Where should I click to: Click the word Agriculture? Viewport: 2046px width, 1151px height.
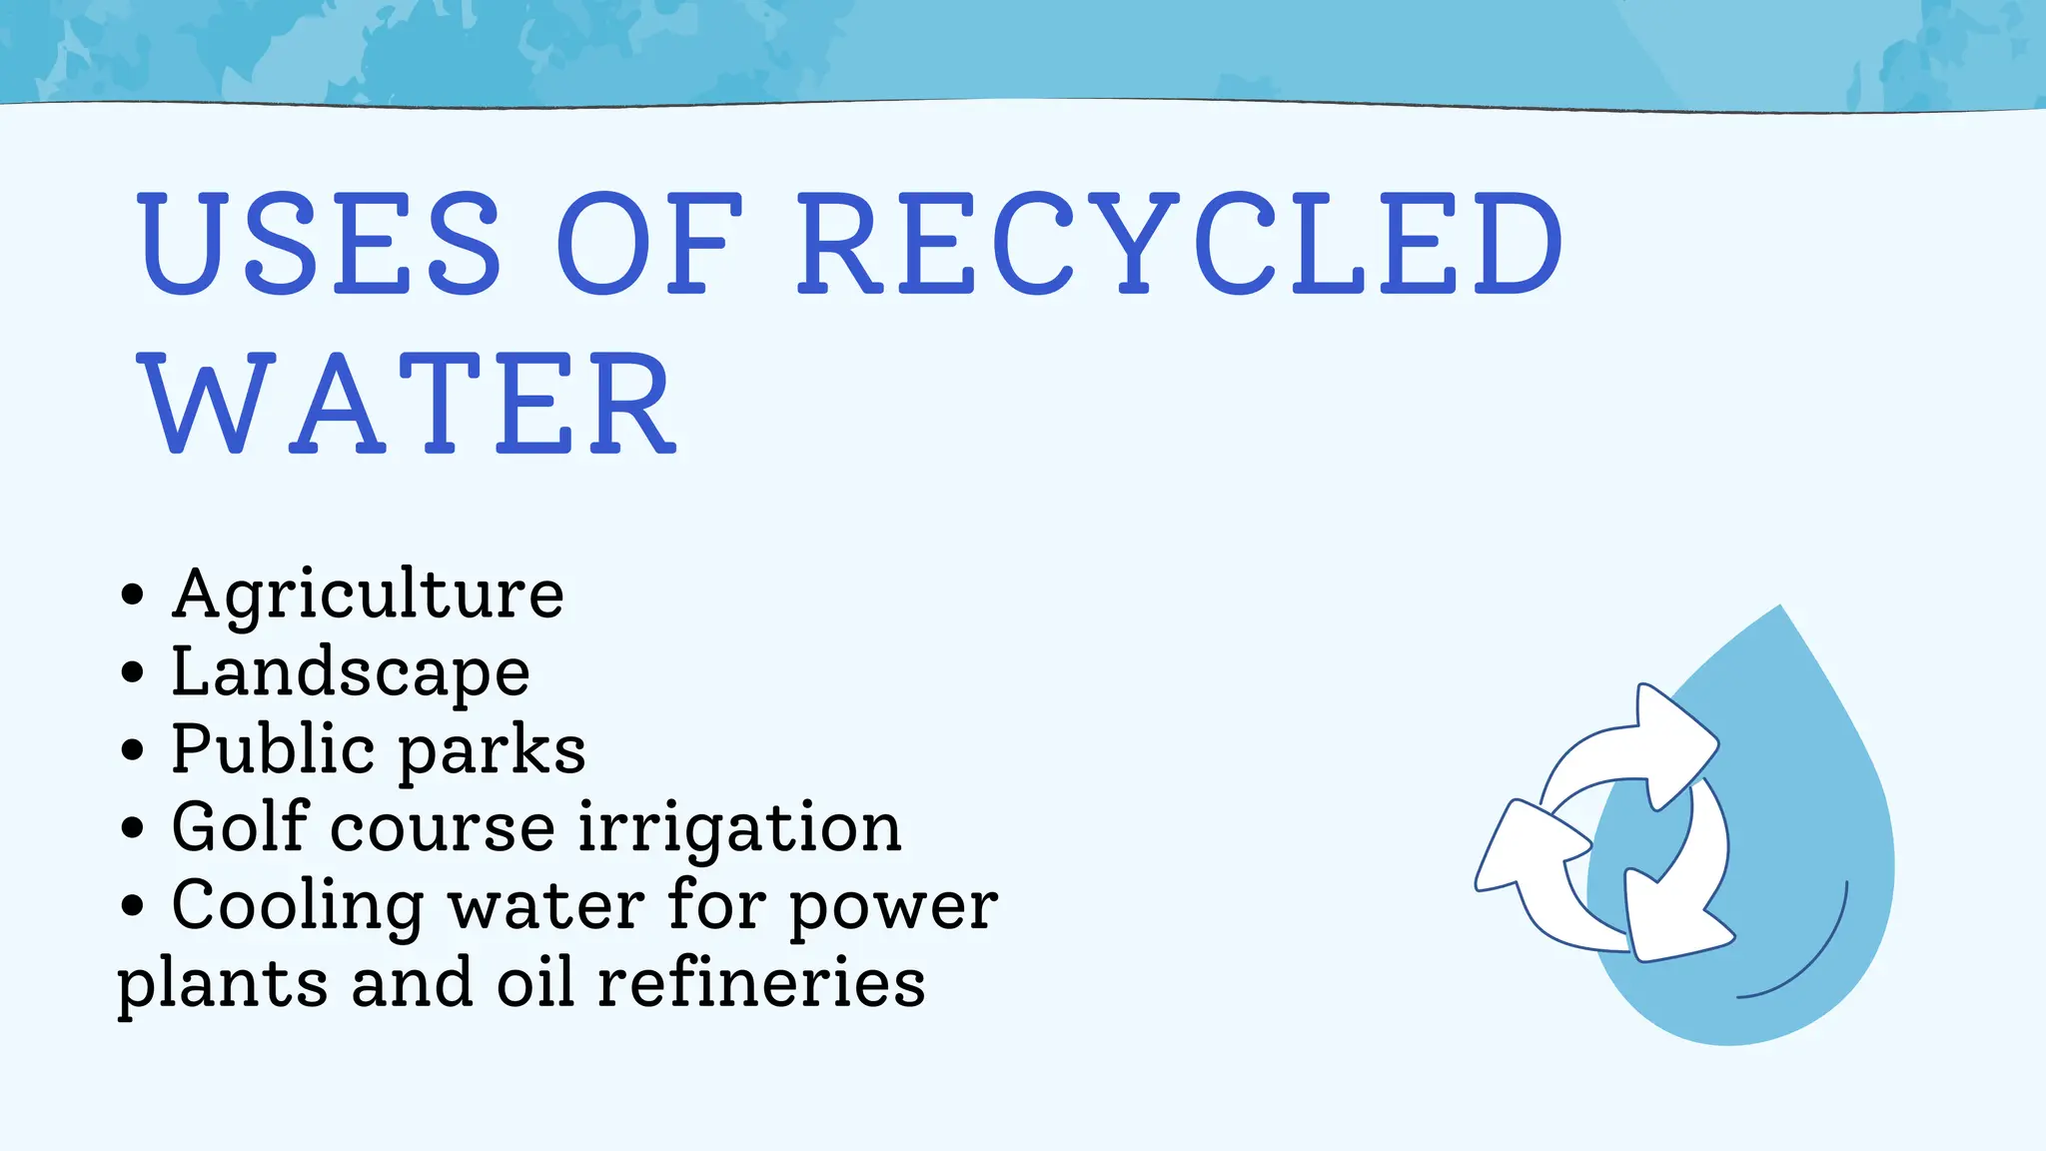click(368, 595)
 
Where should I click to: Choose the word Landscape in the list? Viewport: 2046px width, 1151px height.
click(351, 672)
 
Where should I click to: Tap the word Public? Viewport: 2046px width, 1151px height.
click(273, 749)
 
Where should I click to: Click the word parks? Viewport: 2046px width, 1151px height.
click(493, 751)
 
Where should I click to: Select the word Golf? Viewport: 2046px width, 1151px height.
click(240, 827)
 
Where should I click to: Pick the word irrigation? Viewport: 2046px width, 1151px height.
click(739, 829)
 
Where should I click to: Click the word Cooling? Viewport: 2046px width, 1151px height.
click(298, 906)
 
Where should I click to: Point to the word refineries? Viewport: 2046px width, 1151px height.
click(761, 983)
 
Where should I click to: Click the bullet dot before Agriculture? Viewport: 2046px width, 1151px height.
click(132, 595)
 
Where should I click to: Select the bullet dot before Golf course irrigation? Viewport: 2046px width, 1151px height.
click(132, 828)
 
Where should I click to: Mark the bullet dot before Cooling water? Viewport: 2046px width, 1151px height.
click(132, 906)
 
